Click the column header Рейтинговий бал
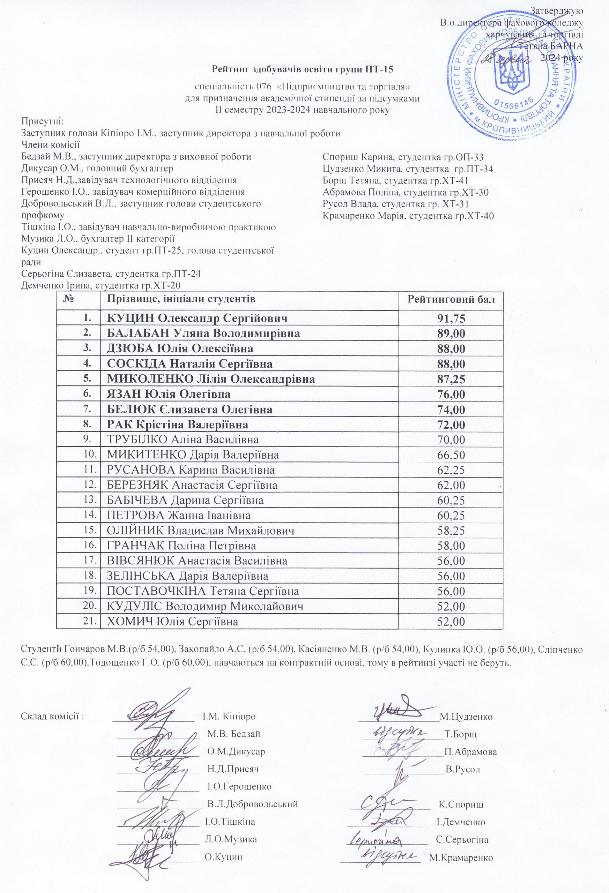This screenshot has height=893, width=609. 451,299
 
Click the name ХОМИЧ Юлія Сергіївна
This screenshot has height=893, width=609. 172,621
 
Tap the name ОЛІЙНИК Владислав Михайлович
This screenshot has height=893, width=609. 201,531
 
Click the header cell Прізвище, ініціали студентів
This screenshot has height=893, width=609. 181,299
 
